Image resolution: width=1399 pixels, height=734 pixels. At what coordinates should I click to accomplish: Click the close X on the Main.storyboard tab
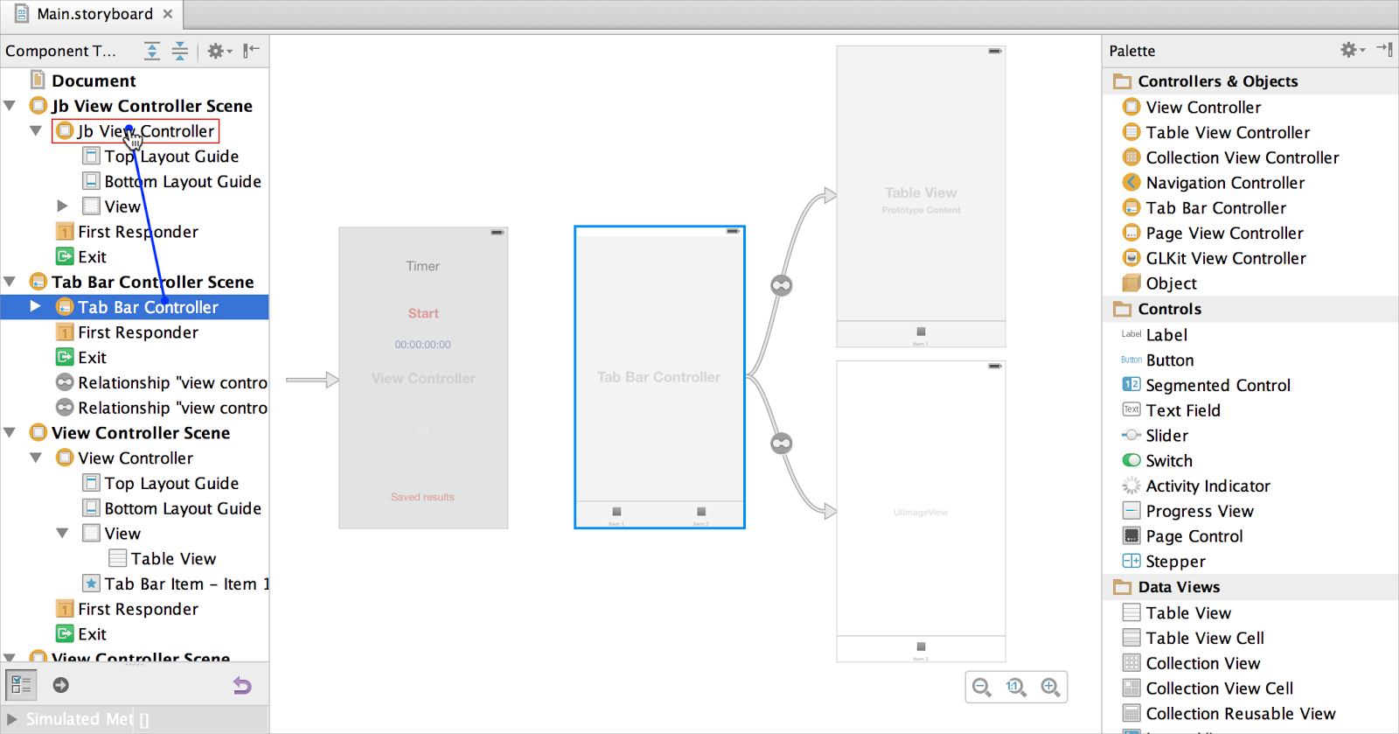(168, 14)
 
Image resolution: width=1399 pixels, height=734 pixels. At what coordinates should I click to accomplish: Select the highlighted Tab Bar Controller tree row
(148, 307)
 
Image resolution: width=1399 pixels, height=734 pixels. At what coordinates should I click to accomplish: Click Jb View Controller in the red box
(145, 131)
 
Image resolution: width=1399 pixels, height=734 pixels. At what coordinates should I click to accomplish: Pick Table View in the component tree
(173, 559)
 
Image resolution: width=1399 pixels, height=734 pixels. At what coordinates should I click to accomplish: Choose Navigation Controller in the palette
(1224, 183)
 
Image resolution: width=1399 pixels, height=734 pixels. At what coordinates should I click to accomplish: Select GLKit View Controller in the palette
(1225, 258)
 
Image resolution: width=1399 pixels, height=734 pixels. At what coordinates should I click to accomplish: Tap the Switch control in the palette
(1168, 461)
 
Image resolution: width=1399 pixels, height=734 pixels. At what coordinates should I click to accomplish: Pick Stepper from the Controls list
(1175, 562)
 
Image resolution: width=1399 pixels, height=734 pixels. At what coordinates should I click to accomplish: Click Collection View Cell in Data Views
(1219, 689)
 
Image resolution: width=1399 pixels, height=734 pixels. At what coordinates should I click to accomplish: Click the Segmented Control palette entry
(1217, 385)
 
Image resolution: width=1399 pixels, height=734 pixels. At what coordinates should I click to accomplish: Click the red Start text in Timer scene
(423, 313)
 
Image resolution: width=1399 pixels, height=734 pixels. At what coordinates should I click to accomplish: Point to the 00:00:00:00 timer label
(422, 345)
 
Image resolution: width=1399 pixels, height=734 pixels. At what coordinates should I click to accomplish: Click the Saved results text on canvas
(422, 497)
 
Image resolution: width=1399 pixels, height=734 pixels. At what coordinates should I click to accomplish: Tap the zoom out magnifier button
(982, 688)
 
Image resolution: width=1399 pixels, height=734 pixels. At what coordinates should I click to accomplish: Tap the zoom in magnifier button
(1050, 688)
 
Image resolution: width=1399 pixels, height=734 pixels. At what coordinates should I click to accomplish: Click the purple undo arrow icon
(242, 686)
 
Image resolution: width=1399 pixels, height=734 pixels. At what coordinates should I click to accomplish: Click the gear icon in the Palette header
(1349, 51)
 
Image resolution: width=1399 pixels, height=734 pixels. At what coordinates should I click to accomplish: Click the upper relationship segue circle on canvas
(781, 285)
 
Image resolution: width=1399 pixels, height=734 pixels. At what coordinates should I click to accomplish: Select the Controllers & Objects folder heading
(1217, 81)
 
